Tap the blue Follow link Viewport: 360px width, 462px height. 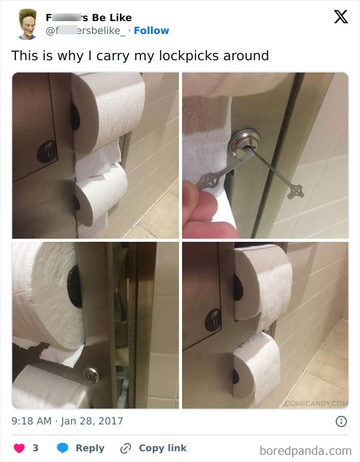pos(151,30)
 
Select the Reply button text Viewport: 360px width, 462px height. pos(90,448)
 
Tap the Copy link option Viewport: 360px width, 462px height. pos(163,448)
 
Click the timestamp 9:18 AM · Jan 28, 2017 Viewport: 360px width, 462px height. pos(67,421)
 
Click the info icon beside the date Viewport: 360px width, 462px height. pos(340,421)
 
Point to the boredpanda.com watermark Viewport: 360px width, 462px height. pos(305,451)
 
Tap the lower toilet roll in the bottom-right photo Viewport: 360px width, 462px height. pos(256,368)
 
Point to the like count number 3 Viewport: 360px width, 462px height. pos(35,448)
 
